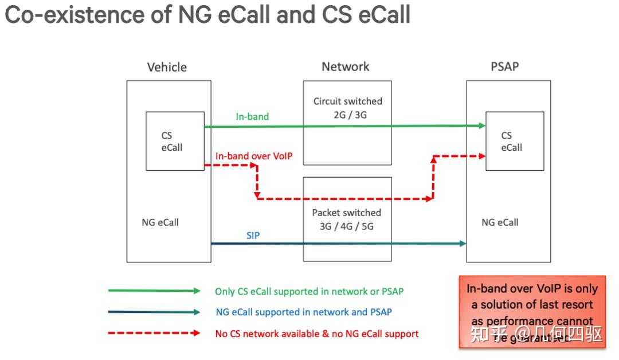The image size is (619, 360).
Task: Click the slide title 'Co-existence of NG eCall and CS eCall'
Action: pos(207,15)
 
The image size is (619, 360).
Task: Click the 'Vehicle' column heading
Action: pos(167,67)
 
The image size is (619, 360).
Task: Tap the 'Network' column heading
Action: pos(345,66)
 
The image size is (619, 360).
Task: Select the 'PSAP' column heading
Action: pos(504,66)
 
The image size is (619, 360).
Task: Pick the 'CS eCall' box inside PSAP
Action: pos(514,141)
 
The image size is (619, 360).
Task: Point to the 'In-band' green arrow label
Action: pos(252,116)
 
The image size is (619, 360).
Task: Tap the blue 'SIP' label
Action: pos(253,235)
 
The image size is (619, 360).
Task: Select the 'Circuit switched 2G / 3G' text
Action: pos(347,108)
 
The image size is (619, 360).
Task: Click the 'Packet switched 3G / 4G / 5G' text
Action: pos(346,219)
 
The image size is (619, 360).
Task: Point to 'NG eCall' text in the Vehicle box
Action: pos(160,222)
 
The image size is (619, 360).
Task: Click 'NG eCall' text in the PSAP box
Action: pos(500,222)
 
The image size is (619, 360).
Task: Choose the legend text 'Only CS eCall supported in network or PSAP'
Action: pos(309,291)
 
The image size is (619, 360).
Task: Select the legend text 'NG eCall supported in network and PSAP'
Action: pos(304,312)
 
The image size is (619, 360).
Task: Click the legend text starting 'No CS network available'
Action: pos(316,333)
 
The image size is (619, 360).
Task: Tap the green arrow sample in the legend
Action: pos(154,291)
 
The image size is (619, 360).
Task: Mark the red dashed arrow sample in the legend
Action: pos(154,333)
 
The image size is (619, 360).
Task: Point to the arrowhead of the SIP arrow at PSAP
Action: pos(463,244)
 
